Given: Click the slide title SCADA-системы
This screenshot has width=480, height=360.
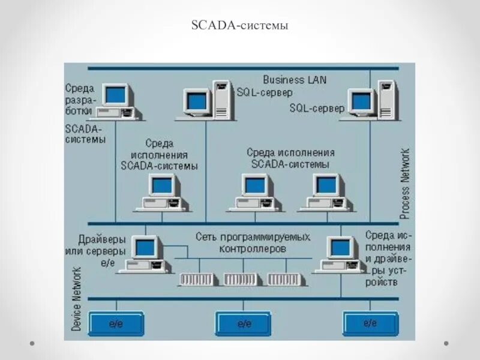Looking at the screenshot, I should [239, 26].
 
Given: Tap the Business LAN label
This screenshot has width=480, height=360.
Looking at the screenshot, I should [295, 79].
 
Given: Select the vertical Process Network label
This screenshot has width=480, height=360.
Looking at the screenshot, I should [405, 183].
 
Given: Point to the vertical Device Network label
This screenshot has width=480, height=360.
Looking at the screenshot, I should [77, 299].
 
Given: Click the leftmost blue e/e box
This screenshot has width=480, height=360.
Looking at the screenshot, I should [116, 323].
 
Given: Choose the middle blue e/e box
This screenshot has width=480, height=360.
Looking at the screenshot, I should [243, 323].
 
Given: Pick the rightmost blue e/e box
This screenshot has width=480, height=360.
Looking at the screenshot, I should [370, 323].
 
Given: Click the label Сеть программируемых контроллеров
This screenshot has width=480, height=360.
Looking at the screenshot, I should [253, 242].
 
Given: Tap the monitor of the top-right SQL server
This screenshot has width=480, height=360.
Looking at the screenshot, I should [363, 101].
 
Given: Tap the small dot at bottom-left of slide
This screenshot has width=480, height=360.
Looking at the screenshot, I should [33, 343].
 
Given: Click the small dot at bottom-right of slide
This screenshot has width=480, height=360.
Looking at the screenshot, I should [446, 343].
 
